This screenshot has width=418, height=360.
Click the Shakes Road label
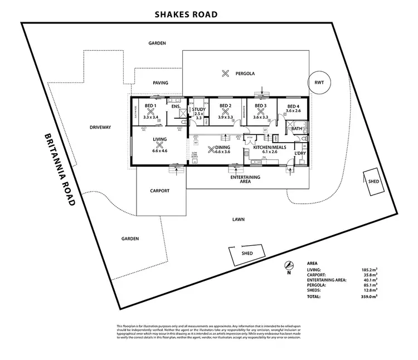coord(186,15)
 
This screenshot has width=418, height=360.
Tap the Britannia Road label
coord(59,169)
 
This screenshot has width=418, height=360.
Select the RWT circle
coord(319,83)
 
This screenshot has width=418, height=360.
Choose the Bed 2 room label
coord(225,106)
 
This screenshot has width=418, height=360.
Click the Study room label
coord(199,109)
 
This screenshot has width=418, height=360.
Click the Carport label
coord(159,191)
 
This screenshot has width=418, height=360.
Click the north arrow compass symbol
coord(288,265)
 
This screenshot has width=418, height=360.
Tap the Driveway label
coord(100,127)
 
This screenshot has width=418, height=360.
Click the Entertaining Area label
coord(246,179)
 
